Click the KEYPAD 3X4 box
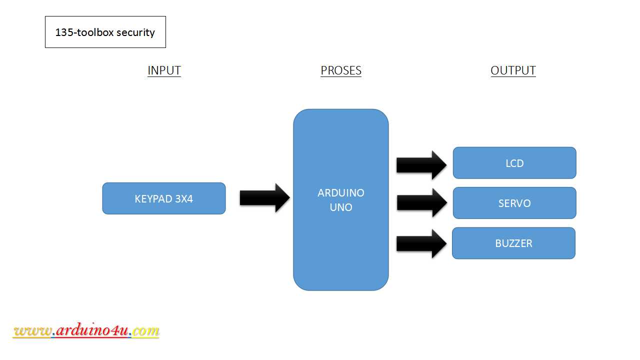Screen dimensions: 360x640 coord(164,198)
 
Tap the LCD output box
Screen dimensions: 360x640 coord(514,163)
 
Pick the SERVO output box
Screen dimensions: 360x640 coord(514,203)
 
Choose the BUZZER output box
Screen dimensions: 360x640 coord(513,243)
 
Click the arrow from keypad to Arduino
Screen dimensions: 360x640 coord(264,198)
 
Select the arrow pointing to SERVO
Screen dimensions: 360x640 coord(421,202)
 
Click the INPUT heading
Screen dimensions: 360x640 coord(164,70)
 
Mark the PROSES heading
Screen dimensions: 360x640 coord(341,70)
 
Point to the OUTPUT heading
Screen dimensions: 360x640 coord(513,70)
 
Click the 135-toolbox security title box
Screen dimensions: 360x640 coord(105,32)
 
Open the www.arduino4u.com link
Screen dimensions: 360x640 coord(86,330)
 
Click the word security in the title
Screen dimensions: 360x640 coord(135,32)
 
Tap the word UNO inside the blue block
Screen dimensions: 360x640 coord(341,207)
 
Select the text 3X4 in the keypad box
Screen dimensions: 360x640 coord(184,198)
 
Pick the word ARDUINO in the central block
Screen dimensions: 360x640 coord(341,192)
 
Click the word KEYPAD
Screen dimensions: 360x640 coord(153,198)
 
